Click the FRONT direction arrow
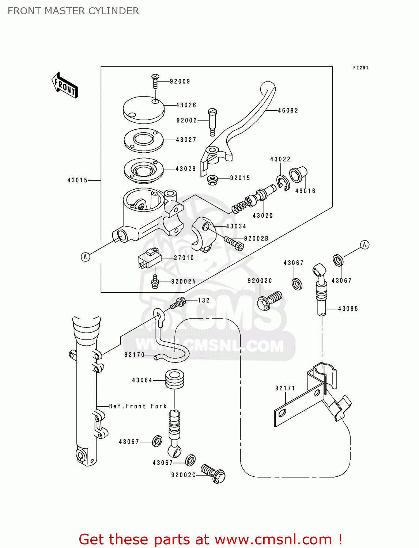pos(65,85)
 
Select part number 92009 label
pos(180,81)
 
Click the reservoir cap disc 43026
pos(143,109)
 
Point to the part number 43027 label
pos(186,140)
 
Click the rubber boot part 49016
pos(298,174)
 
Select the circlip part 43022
pos(283,183)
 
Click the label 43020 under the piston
pos(263,216)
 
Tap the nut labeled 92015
pos(212,180)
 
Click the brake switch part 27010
pos(150,258)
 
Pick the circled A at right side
pos(365,244)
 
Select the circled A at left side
pos(85,257)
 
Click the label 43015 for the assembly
pos(78,180)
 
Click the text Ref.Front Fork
pos(138,406)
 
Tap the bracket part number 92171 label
pos(285,388)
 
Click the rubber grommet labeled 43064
pos(175,379)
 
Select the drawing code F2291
pos(361,68)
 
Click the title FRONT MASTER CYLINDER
pos(73,11)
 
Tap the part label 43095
pos(348,309)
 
